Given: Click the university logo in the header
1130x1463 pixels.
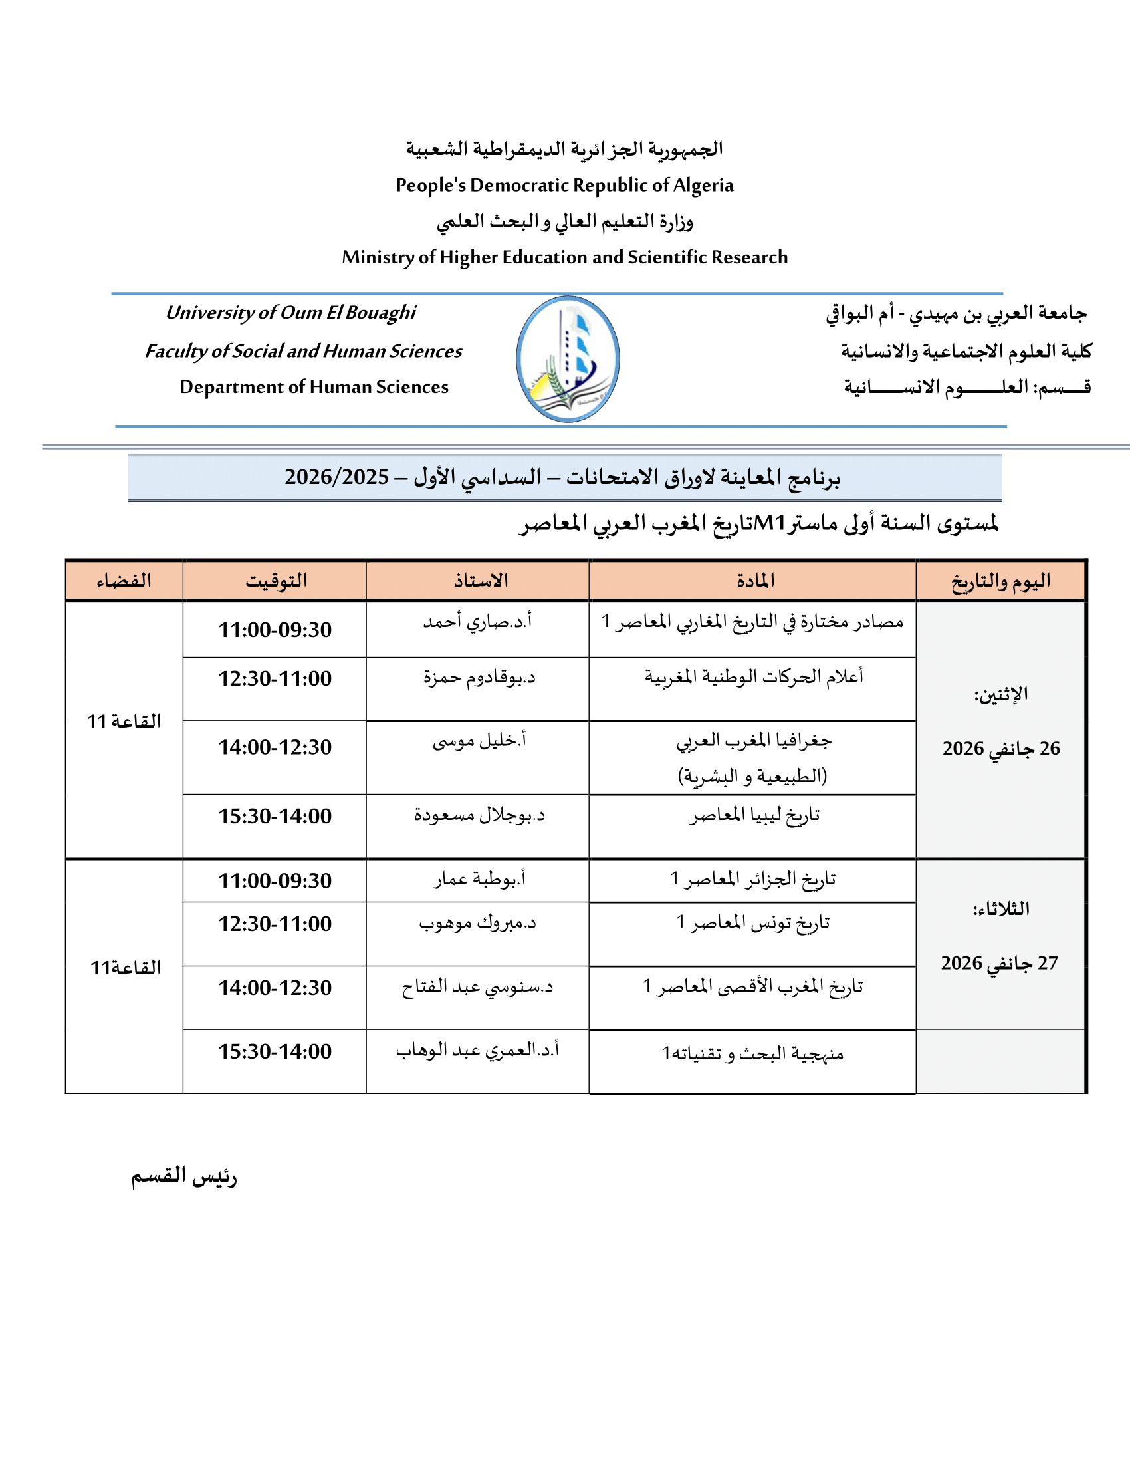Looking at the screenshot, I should [568, 359].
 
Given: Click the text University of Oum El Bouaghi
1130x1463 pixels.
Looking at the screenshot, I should [290, 312].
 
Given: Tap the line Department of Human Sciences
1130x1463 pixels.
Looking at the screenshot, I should [314, 387].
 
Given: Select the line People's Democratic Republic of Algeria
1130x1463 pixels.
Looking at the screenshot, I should [564, 185].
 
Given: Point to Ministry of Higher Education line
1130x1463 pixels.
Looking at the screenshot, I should [564, 257].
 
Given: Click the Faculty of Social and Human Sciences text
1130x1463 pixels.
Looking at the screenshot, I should [303, 351].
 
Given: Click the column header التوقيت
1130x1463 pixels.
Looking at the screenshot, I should [275, 580].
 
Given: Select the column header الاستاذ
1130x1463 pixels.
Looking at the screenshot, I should [480, 580].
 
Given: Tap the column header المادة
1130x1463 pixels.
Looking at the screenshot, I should [755, 580].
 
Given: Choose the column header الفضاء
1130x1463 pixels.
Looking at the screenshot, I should [124, 580].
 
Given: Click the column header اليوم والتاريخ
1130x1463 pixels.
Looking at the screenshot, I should [1000, 580].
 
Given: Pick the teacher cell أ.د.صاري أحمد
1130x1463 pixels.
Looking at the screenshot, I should [477, 622].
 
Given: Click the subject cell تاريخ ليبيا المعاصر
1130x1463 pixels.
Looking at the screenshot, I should [754, 815].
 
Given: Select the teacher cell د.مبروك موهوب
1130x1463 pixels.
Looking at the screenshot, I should [477, 923].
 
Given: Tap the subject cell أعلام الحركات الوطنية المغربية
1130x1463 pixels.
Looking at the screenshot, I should [754, 677].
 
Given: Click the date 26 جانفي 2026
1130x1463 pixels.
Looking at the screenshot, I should [1001, 748].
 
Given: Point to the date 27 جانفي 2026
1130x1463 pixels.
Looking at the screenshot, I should [999, 964].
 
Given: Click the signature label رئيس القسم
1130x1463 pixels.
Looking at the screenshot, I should [184, 1177].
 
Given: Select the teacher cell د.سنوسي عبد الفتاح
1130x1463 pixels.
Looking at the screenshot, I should [477, 987].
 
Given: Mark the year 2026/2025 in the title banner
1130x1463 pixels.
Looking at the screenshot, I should [336, 477].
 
